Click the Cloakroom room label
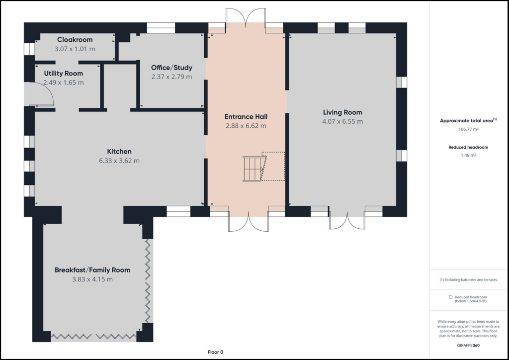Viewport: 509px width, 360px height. [75, 40]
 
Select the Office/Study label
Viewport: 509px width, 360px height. [171, 68]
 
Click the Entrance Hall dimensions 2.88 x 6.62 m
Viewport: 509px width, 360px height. [246, 126]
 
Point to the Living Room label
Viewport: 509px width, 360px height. [342, 112]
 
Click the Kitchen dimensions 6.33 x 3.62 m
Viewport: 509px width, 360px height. [119, 161]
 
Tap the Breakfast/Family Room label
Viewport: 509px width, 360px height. [92, 270]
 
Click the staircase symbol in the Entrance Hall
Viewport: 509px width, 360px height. [254, 169]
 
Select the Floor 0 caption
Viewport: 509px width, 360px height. [216, 352]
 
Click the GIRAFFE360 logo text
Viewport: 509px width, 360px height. [468, 345]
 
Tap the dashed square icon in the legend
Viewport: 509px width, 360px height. [450, 297]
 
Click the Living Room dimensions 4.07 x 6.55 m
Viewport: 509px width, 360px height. [342, 121]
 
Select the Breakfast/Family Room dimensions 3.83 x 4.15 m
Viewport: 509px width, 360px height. [92, 279]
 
